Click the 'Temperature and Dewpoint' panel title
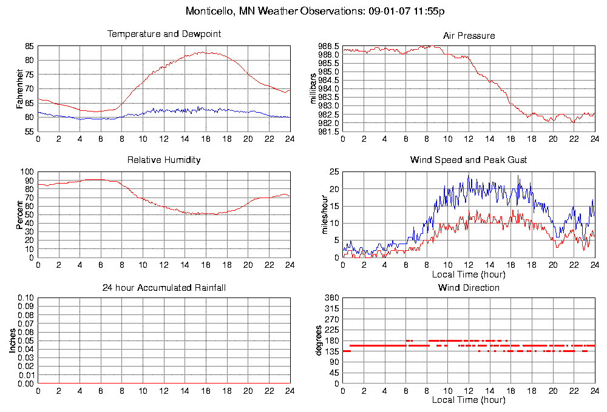click(x=164, y=34)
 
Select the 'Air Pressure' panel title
click(x=469, y=36)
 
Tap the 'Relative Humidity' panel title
click(x=164, y=160)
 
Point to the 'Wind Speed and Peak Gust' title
click(x=469, y=160)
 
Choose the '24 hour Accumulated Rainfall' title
click(x=164, y=287)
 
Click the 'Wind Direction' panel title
click(x=469, y=287)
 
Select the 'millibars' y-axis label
click(x=314, y=88)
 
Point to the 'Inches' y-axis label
click(x=12, y=341)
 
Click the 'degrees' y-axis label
click(x=318, y=341)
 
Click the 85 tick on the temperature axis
click(x=29, y=46)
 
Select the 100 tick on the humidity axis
click(x=27, y=171)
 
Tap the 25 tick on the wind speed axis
click(x=333, y=172)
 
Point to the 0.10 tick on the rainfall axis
click(x=25, y=298)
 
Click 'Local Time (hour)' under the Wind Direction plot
click(x=469, y=400)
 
